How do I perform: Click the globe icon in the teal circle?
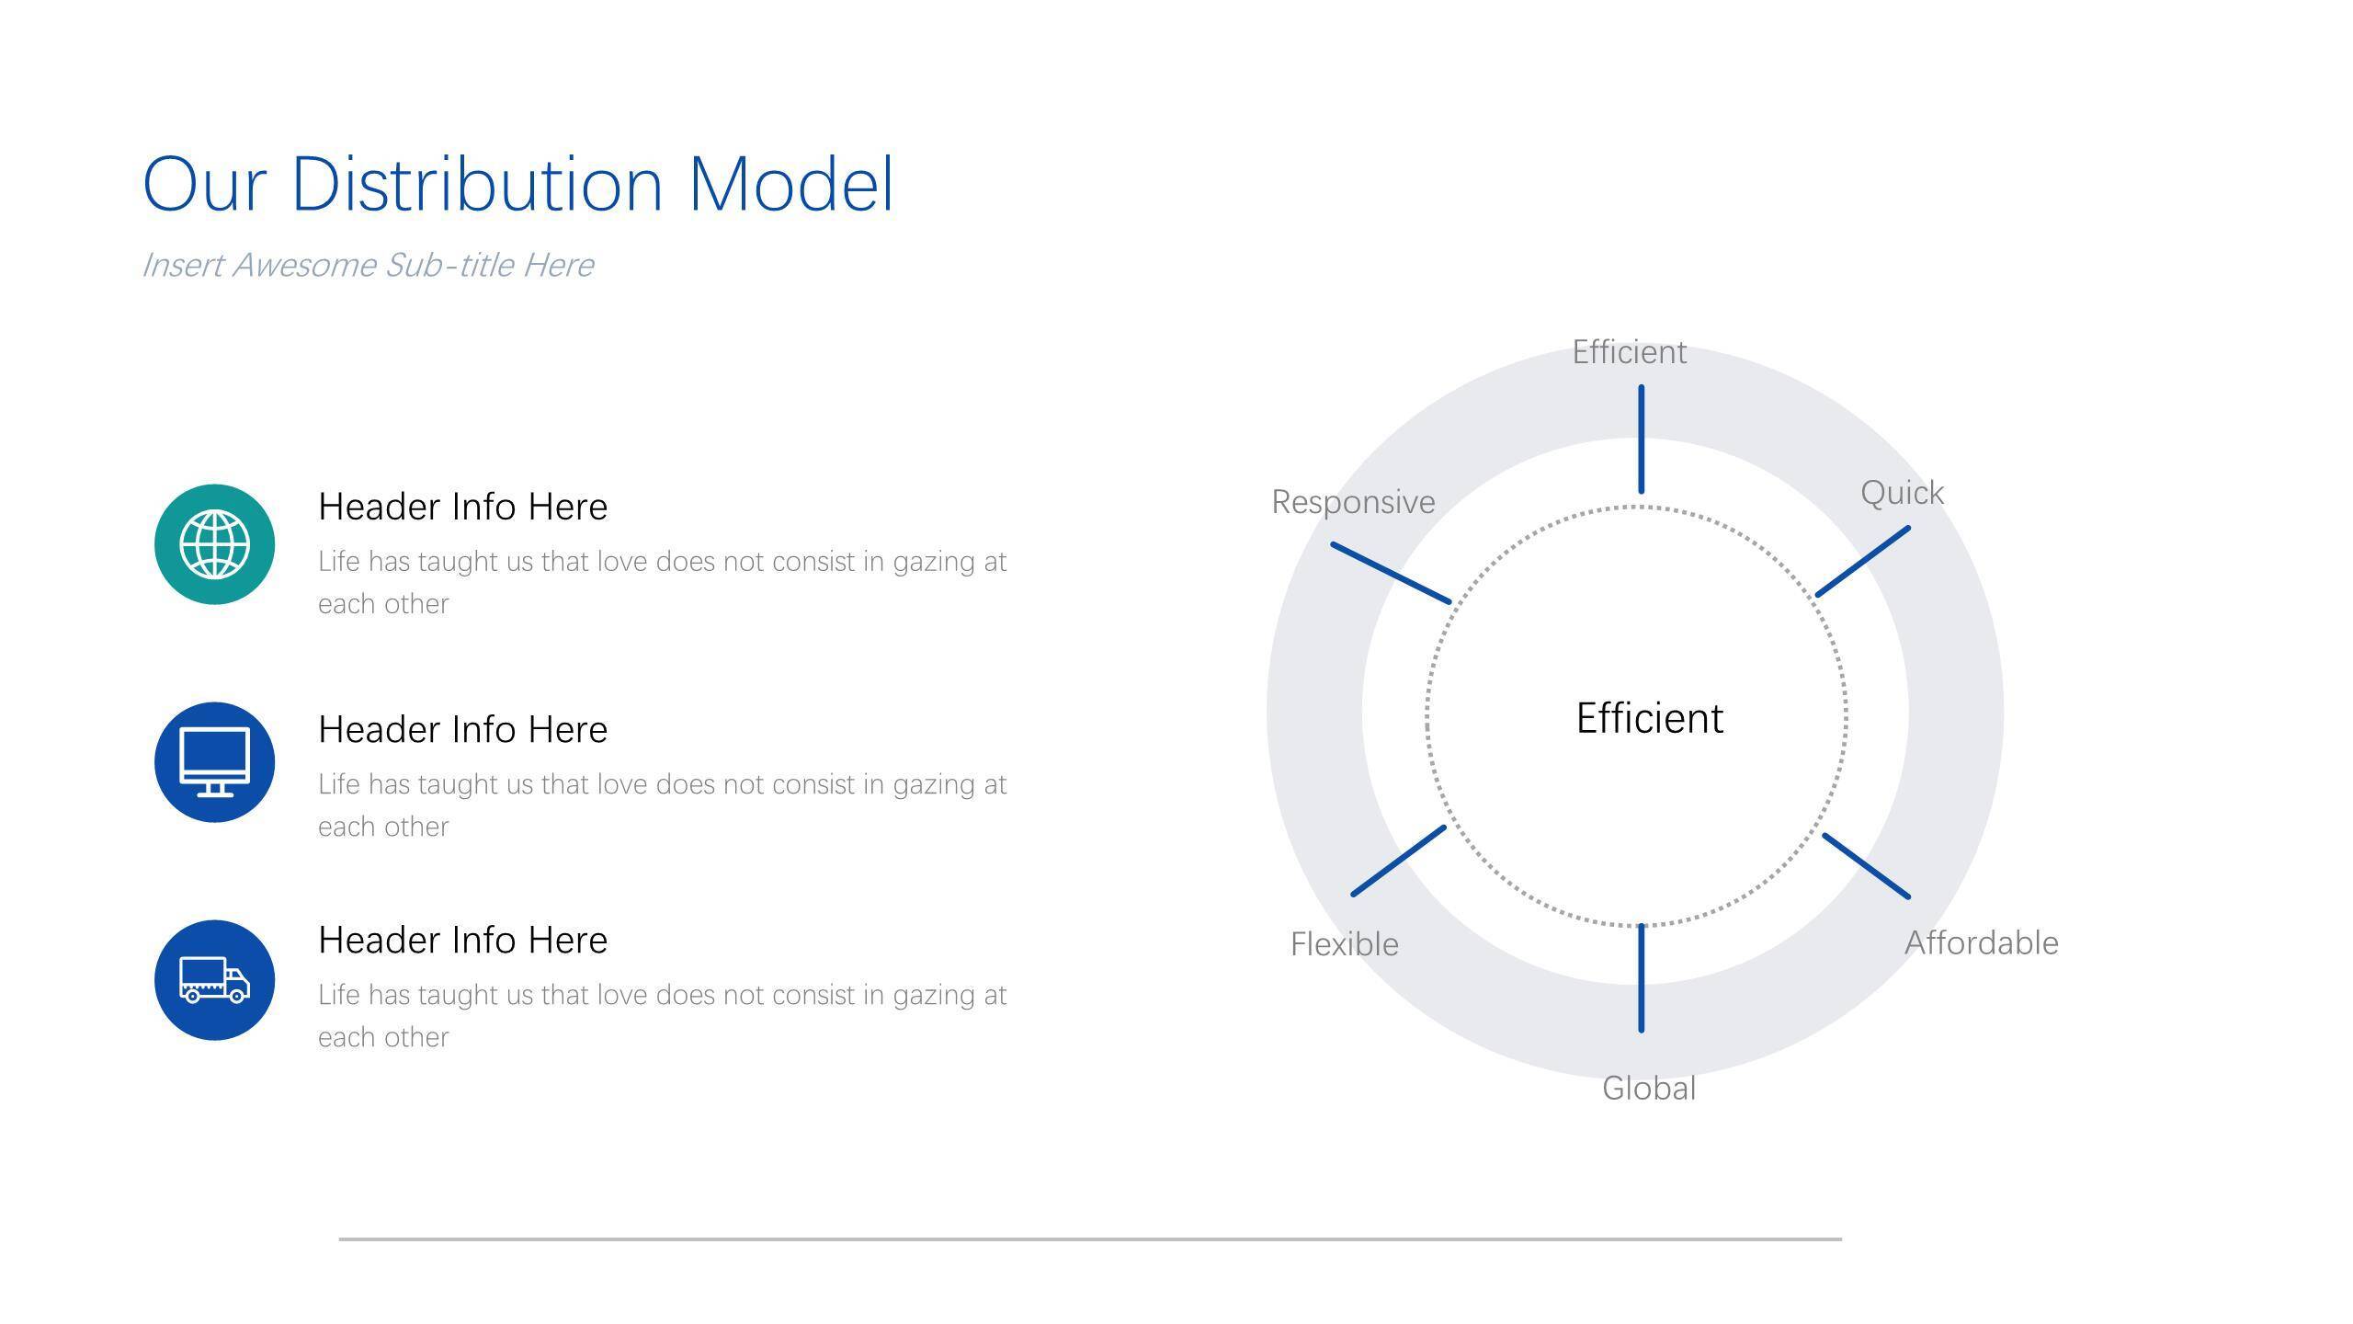click(x=214, y=544)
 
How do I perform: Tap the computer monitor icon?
click(x=214, y=762)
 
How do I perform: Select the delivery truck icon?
click(x=214, y=980)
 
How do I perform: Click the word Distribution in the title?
click(x=477, y=184)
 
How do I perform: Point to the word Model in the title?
click(x=791, y=184)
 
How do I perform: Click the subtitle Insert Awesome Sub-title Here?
click(x=368, y=265)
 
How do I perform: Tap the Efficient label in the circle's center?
click(x=1650, y=718)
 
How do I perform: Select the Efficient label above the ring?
click(x=1630, y=352)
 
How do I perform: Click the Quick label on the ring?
click(x=1902, y=494)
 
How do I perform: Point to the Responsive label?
click(x=1353, y=502)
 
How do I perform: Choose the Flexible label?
click(x=1345, y=944)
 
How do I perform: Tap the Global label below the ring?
click(x=1649, y=1089)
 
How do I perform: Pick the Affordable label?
click(x=1982, y=943)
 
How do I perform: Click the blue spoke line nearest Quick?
click(x=1863, y=562)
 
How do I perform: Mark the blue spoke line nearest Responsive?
click(x=1392, y=573)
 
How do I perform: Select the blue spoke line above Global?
click(x=1642, y=978)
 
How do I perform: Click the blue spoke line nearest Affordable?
click(x=1866, y=865)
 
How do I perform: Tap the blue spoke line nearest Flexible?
click(x=1399, y=861)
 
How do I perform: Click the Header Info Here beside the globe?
click(x=462, y=507)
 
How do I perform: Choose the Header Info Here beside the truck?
click(x=462, y=940)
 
